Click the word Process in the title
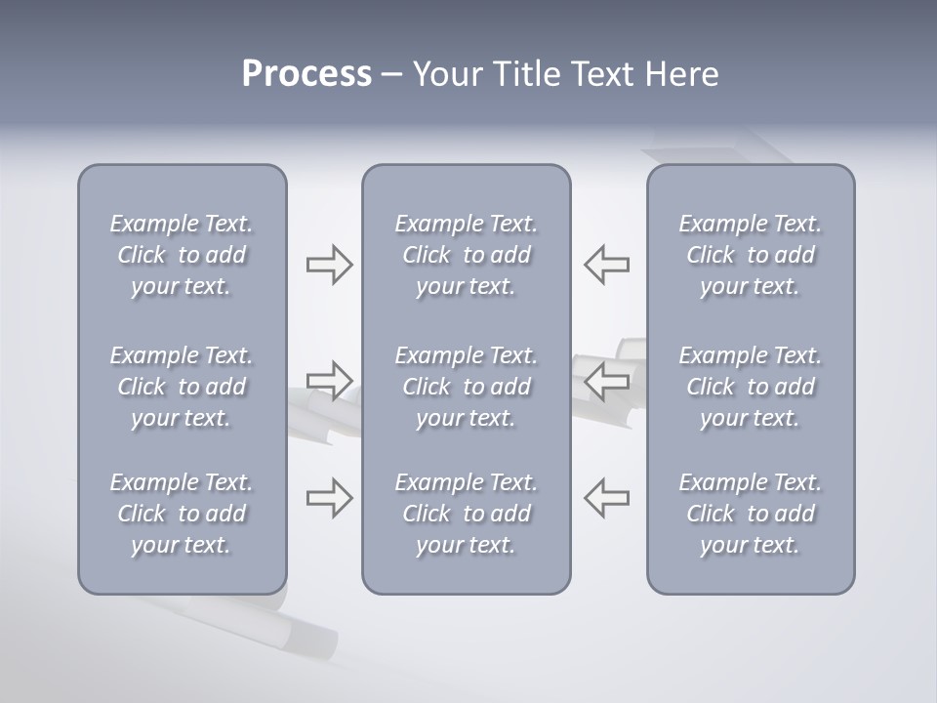(x=306, y=74)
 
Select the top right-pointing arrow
(x=329, y=265)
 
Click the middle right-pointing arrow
(x=329, y=380)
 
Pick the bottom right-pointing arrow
(x=329, y=497)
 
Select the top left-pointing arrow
(x=607, y=265)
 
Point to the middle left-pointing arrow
(x=607, y=380)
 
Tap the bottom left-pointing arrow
(x=607, y=497)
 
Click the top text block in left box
(x=182, y=255)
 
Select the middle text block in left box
(x=182, y=387)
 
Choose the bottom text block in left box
(x=182, y=514)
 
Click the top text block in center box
(x=466, y=255)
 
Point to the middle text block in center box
(x=466, y=387)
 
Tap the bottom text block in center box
(x=466, y=514)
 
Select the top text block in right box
(x=750, y=255)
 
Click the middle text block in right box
(x=750, y=387)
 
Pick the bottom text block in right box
(x=750, y=514)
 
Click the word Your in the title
(x=444, y=74)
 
